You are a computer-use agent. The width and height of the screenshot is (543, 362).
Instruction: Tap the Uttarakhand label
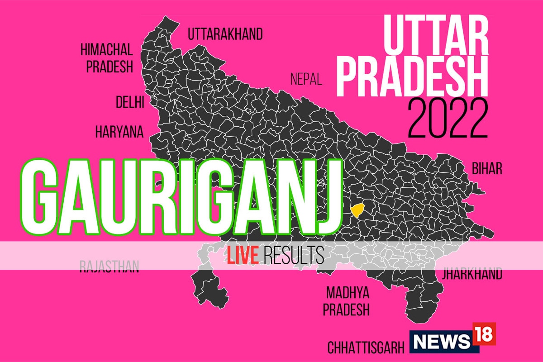pyautogui.click(x=225, y=34)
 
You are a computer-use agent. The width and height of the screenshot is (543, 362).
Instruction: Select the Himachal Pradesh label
pyautogui.click(x=106, y=57)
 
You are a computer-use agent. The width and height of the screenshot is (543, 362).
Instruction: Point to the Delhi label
pyautogui.click(x=129, y=102)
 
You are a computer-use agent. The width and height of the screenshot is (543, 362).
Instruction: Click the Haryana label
pyautogui.click(x=119, y=132)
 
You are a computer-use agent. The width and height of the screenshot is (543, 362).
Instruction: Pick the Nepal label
pyautogui.click(x=306, y=80)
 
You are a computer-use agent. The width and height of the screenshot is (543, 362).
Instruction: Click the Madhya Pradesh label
pyautogui.click(x=348, y=301)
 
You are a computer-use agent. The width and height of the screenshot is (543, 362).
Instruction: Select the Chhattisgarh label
pyautogui.click(x=366, y=348)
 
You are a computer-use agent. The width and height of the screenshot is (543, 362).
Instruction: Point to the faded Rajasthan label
pyautogui.click(x=109, y=266)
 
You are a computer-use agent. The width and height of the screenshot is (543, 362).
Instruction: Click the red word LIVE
pyautogui.click(x=243, y=256)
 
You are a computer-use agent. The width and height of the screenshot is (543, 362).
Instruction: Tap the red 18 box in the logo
pyautogui.click(x=484, y=334)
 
